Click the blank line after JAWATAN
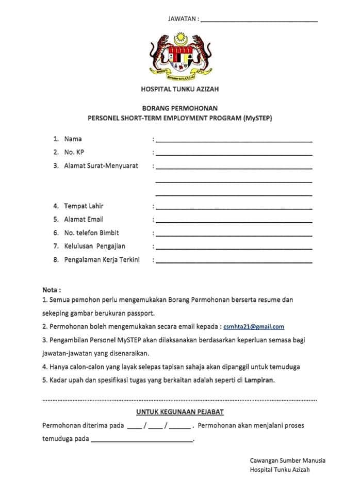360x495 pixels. tap(258, 21)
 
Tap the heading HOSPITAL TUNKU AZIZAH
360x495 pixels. tap(179, 89)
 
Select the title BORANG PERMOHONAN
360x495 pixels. tap(179, 108)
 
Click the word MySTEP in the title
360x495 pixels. tap(257, 118)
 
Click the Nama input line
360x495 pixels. tap(234, 140)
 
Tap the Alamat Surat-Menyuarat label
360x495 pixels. tap(101, 166)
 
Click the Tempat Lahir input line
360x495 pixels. tap(234, 207)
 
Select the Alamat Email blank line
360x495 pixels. tap(234, 221)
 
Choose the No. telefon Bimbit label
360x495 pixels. tap(91, 233)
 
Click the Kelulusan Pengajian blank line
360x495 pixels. tap(234, 247)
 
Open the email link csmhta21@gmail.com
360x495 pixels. tap(254, 326)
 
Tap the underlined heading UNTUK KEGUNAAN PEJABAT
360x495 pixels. tap(179, 412)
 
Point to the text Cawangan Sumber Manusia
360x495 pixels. tap(287, 460)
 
